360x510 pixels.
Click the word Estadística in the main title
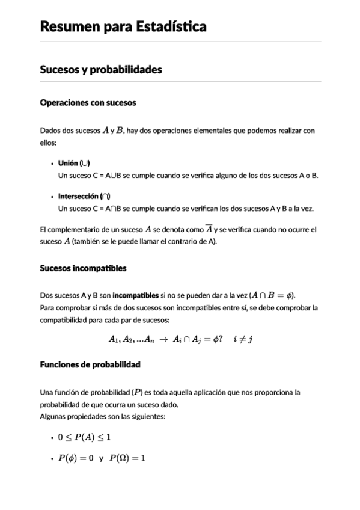point(168,26)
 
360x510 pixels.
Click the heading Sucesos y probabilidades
point(100,70)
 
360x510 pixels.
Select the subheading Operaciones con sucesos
point(88,103)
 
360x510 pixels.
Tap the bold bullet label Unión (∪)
point(74,164)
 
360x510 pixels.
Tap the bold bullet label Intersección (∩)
point(84,197)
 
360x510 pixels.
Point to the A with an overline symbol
point(209,230)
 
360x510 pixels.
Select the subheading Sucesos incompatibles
point(83,268)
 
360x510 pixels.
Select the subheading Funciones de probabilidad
point(90,364)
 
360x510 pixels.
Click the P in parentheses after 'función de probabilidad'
point(138,392)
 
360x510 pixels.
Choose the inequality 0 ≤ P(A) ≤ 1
point(84,437)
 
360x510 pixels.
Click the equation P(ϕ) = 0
point(76,458)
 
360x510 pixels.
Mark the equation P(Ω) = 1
point(127,458)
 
